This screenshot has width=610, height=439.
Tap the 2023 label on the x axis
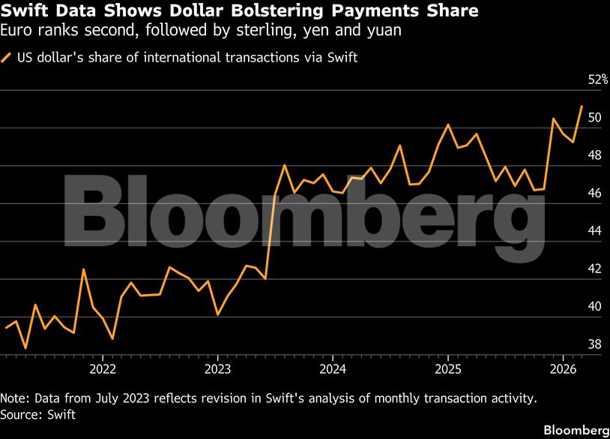(x=217, y=368)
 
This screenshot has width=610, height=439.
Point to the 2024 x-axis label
(x=332, y=368)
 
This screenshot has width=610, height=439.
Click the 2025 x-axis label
(x=447, y=368)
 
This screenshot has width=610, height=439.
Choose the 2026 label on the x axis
(x=562, y=368)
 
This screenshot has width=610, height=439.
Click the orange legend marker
(x=7, y=57)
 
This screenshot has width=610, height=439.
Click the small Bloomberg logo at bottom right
(x=576, y=430)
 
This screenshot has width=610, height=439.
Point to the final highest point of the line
(x=582, y=107)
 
